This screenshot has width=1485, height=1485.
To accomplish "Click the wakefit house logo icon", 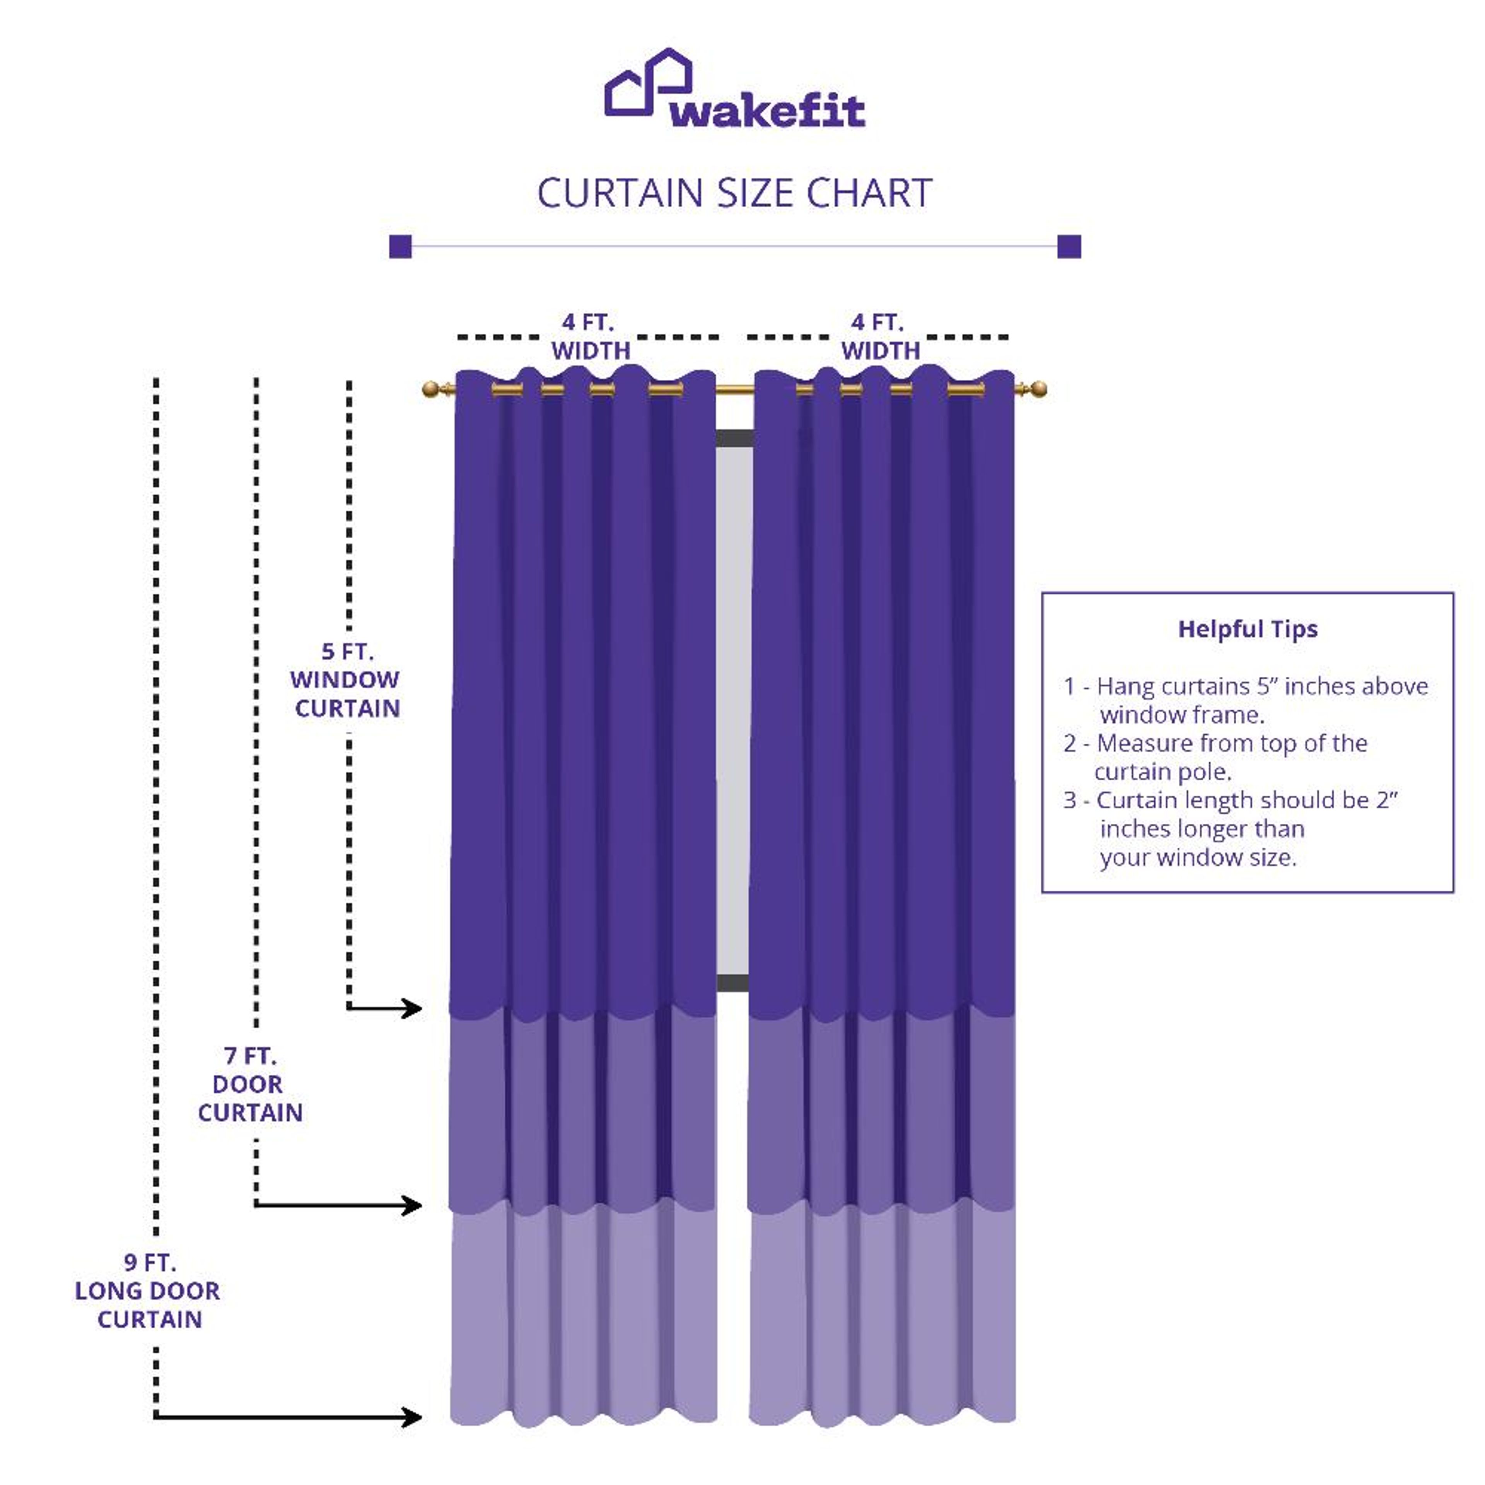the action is point(648,83).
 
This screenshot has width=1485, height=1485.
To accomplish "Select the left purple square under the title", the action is point(401,247).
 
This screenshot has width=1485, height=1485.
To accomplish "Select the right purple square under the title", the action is point(1069,247).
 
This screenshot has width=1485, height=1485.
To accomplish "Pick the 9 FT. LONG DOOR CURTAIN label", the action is point(148,1291).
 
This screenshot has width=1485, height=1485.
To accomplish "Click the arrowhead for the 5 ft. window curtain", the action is point(413,1008).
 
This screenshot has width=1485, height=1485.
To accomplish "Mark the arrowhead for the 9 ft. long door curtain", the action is point(413,1417).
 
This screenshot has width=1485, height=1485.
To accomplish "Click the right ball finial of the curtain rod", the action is point(1038,389).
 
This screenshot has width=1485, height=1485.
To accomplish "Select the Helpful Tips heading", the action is point(1248,629).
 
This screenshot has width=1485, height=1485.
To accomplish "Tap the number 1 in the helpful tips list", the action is point(1069,686).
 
